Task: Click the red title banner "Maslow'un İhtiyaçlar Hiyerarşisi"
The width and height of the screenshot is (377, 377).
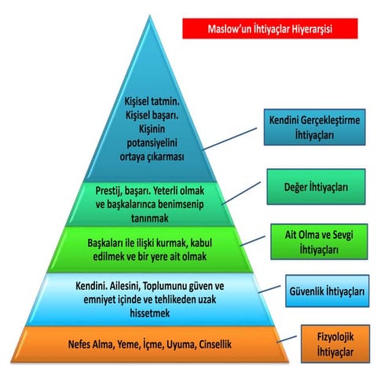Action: pos(270,28)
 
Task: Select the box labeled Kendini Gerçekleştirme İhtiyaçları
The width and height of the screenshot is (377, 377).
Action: pos(314,127)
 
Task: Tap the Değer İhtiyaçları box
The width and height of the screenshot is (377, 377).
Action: pos(316,187)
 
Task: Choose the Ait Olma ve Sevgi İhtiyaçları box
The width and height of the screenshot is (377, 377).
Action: pos(319,242)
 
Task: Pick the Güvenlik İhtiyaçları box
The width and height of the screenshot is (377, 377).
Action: pos(328,291)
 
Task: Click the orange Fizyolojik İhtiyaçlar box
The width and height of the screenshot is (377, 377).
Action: pos(335,344)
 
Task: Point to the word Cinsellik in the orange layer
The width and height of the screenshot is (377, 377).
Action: pos(215,344)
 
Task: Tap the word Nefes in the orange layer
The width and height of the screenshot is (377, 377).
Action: pos(78,344)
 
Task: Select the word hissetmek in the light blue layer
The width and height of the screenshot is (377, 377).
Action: pos(150,313)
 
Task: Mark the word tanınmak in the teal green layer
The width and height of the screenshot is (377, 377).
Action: pos(150,218)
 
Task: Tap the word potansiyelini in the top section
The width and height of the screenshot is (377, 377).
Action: pos(152,143)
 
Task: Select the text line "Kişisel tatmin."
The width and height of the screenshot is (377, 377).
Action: pos(152,101)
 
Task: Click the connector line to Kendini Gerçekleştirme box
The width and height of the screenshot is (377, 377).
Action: pos(229,139)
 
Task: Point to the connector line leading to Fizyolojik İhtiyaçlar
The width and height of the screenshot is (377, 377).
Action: pos(287,339)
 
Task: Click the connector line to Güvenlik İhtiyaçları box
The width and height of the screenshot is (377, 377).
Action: pos(269,289)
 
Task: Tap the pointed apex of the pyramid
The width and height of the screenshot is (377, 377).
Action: pos(150,16)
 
